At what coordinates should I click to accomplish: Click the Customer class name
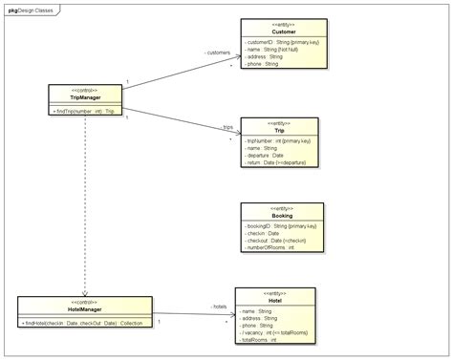(284, 32)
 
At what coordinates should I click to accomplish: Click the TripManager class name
(85, 97)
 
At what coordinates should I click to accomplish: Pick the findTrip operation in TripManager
(85, 111)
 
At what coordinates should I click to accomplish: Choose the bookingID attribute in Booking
(280, 226)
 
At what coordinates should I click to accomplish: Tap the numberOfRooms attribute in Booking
(272, 247)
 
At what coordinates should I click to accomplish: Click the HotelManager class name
(85, 310)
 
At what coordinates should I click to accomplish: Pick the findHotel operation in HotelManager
(85, 324)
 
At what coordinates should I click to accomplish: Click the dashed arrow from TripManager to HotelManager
(85, 205)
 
